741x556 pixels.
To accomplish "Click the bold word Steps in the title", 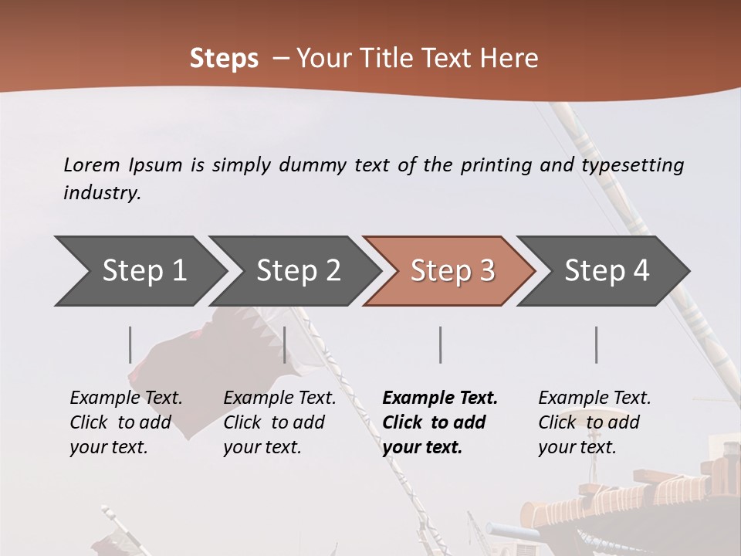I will coord(224,59).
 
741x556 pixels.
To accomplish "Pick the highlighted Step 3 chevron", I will coord(452,271).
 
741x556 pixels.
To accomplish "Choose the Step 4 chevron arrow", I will coord(607,271).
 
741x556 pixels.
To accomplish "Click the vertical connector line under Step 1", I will coord(130,344).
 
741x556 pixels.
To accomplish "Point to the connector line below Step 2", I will coord(285,344).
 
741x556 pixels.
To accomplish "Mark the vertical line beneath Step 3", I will coord(441,344).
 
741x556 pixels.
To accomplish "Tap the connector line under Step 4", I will coord(597,344).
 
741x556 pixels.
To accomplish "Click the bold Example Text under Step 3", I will coord(440,398).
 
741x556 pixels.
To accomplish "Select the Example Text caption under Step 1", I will coord(126,398).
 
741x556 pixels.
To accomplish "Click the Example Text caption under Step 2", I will coord(279,398).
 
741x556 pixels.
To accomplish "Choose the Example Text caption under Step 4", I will coord(594,398).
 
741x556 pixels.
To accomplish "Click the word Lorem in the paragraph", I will coord(91,165).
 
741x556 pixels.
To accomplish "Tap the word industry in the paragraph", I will coord(101,193).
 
